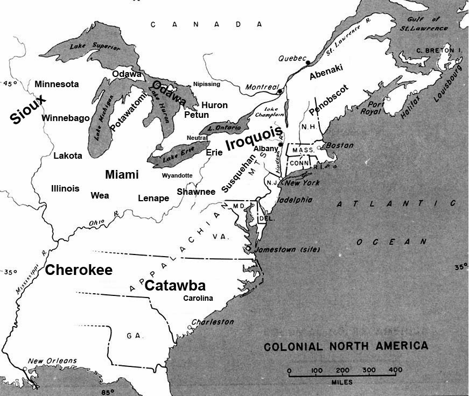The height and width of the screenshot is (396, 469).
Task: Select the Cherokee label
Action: point(79,270)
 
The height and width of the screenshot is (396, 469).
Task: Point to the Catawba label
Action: point(176,286)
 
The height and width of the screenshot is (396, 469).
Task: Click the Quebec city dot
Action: point(307,63)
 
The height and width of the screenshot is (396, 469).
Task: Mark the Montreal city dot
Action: point(280,92)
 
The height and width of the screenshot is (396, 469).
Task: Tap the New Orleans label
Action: point(52,361)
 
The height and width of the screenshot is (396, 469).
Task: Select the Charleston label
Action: point(214,322)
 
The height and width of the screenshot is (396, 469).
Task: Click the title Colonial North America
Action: point(346,346)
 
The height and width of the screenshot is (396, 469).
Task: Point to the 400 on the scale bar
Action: point(395,371)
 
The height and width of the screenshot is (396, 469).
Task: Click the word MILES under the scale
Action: point(342,382)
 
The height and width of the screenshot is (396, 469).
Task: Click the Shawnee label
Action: point(196,192)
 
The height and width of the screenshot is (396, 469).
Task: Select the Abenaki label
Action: point(326,72)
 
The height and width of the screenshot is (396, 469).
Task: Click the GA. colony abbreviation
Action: point(134,335)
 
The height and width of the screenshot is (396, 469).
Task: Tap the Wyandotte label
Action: point(177,175)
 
